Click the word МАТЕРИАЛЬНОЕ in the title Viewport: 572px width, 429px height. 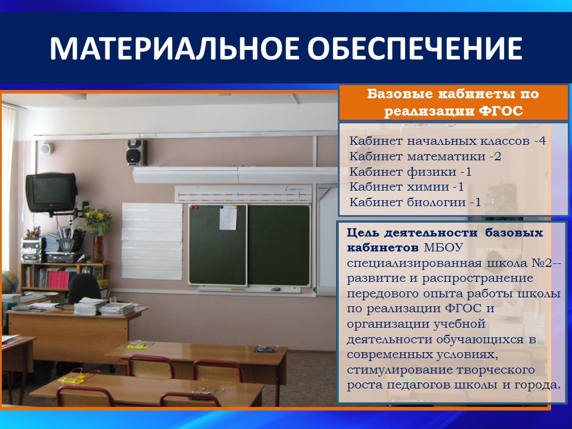[173, 48]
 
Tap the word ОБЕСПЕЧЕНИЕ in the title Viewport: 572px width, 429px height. [415, 48]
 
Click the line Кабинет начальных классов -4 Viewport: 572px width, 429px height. [447, 141]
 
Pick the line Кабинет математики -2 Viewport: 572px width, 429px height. [425, 157]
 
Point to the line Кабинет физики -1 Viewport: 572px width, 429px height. [411, 172]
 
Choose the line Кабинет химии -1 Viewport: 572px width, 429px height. [407, 186]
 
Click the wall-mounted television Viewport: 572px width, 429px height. [51, 192]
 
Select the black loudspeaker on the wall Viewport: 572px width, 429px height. [136, 153]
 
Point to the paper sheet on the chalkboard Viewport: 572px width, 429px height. [228, 218]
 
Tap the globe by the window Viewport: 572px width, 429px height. [10, 282]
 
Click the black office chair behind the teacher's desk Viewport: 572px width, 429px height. [84, 288]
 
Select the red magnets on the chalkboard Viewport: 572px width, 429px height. [194, 208]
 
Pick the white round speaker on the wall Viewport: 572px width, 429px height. [46, 148]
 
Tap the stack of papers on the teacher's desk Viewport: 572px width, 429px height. [89, 306]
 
